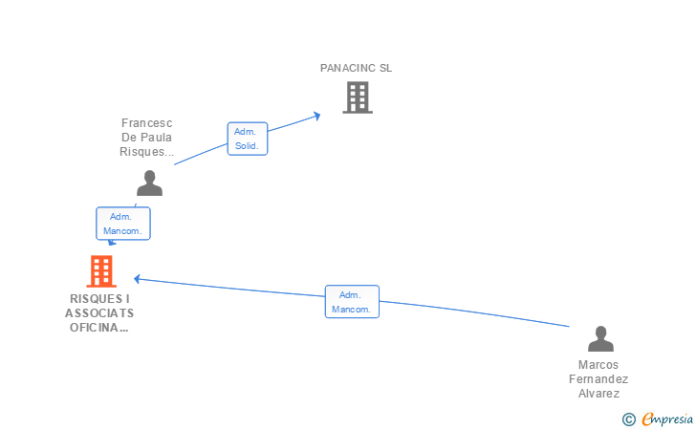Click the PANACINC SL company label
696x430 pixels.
tap(356, 68)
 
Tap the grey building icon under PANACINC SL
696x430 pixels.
tap(358, 97)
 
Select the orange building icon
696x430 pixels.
tap(101, 271)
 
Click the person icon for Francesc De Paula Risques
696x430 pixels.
tap(149, 183)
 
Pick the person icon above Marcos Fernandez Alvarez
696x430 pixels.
tap(600, 338)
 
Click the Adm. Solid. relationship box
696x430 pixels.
tap(248, 139)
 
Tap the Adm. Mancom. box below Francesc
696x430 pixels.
tap(123, 224)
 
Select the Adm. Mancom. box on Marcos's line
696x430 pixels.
tap(352, 302)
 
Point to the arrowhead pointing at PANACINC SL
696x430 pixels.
tap(317, 117)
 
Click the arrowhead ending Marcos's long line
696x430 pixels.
tap(137, 279)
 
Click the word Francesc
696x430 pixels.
tap(146, 123)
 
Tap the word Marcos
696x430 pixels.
tap(598, 365)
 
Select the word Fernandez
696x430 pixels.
tap(598, 379)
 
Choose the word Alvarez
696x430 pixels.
tap(598, 393)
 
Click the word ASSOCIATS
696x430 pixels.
tap(99, 313)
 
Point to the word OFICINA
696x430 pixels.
tap(99, 328)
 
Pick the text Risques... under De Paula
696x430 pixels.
tap(146, 152)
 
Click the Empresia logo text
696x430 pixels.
tap(667, 419)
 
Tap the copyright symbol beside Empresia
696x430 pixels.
tap(629, 419)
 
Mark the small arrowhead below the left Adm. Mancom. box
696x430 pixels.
tap(112, 243)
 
